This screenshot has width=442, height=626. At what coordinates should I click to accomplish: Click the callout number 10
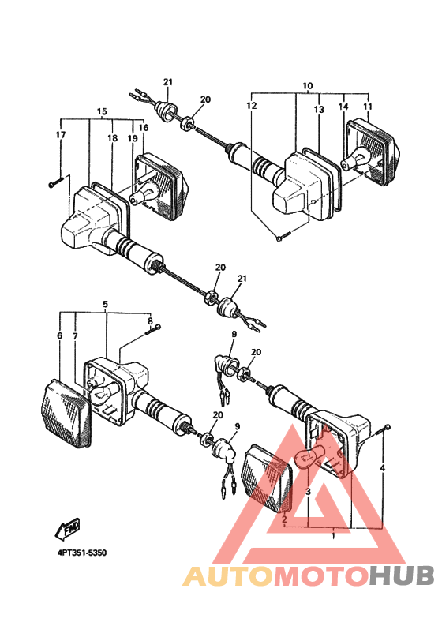pyautogui.click(x=308, y=86)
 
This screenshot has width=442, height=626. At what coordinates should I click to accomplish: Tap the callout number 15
pyautogui.click(x=103, y=111)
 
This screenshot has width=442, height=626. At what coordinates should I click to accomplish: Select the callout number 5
pyautogui.click(x=106, y=304)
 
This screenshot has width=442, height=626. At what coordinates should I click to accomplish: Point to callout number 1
pyautogui.click(x=333, y=536)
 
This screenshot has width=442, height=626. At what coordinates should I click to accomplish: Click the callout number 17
pyautogui.click(x=61, y=135)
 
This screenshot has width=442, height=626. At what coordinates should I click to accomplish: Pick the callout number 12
pyautogui.click(x=252, y=106)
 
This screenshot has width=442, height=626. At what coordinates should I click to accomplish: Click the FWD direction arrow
pyautogui.click(x=67, y=529)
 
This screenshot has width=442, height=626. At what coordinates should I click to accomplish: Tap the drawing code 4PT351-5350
pyautogui.click(x=82, y=553)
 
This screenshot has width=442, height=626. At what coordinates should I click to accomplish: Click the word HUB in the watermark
pyautogui.click(x=401, y=575)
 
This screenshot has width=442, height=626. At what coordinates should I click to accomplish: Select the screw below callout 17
pyautogui.click(x=56, y=183)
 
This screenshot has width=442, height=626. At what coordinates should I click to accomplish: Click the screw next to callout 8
pyautogui.click(x=154, y=329)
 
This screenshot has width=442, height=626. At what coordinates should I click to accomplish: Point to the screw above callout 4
pyautogui.click(x=383, y=430)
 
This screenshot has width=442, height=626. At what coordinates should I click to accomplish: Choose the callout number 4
pyautogui.click(x=383, y=468)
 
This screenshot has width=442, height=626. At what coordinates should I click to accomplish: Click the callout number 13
pyautogui.click(x=319, y=110)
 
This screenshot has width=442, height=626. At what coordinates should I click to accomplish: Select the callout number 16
pyautogui.click(x=144, y=127)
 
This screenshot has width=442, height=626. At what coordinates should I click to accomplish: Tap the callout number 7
pyautogui.click(x=75, y=336)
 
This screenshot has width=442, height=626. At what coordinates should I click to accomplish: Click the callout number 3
pyautogui.click(x=308, y=492)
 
